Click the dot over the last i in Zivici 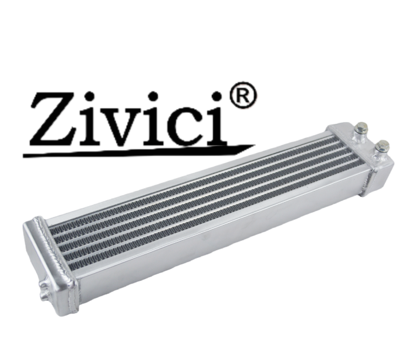point(217,96)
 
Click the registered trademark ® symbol point(243,95)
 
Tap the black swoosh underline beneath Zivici point(138,152)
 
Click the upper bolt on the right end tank point(362,129)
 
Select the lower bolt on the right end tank point(382,147)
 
